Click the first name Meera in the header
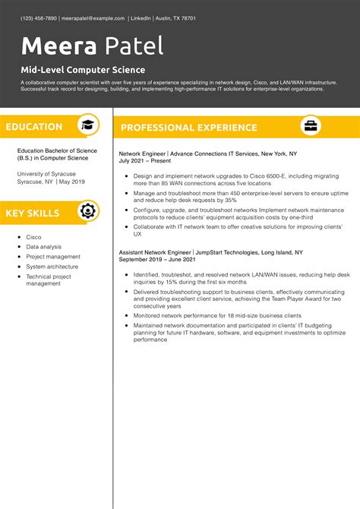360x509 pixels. click(x=58, y=47)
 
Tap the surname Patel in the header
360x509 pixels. click(x=134, y=47)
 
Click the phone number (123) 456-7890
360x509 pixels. click(x=39, y=17)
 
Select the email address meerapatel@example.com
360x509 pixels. click(x=93, y=17)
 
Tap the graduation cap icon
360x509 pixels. click(x=88, y=126)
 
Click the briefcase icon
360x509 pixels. click(x=311, y=126)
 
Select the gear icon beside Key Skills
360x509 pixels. click(x=88, y=211)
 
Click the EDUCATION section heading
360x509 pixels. click(x=34, y=127)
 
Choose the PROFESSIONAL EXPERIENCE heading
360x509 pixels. click(x=189, y=128)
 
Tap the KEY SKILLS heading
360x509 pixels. click(x=33, y=213)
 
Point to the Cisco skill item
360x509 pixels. click(x=34, y=237)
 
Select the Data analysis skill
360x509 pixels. click(x=44, y=247)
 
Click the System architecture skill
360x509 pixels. click(x=52, y=267)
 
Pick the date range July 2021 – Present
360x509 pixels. click(x=145, y=161)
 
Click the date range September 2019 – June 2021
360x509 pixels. click(x=157, y=259)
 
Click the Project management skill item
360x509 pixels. click(x=53, y=257)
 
